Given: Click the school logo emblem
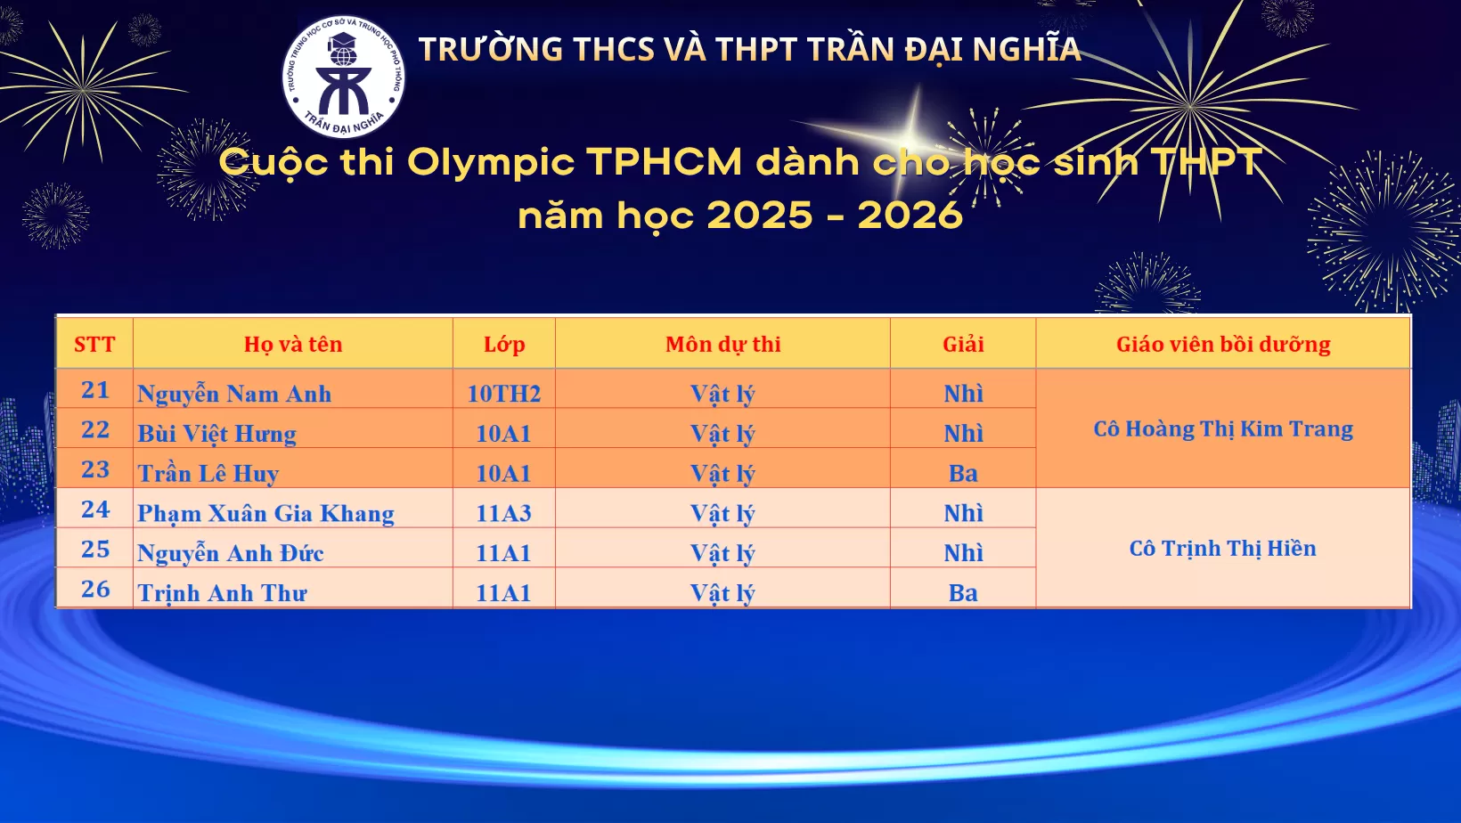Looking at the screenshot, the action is [343, 77].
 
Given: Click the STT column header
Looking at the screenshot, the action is [94, 345].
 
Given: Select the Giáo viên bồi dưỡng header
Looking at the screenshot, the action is [1223, 345].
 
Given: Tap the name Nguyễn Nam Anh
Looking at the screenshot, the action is [234, 394].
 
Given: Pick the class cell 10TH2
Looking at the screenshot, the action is [504, 394].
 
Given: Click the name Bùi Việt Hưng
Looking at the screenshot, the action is [216, 434].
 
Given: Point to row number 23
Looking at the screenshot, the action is [95, 469].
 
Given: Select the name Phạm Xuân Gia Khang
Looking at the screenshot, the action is [265, 514].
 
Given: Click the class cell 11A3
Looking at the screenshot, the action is [503, 514].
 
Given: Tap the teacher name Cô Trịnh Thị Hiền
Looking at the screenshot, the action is [1223, 549].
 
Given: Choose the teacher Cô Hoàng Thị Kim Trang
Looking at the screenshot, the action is [1223, 429].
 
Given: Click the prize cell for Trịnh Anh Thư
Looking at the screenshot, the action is [963, 593].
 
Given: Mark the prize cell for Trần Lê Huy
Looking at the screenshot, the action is [963, 474].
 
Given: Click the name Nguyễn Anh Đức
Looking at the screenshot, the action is [230, 554].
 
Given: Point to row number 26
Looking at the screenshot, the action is [95, 589].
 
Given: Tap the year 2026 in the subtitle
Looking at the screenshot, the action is [910, 216].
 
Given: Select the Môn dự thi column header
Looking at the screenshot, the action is [722, 345].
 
